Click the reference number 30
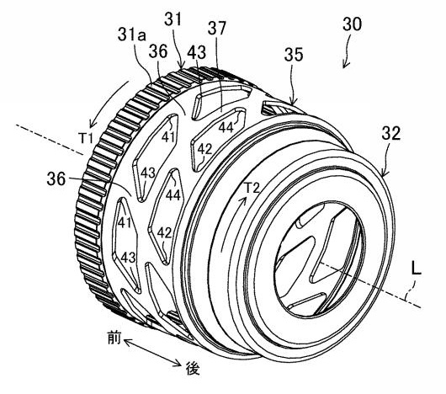352,24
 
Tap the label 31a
132,35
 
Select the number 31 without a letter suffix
173,20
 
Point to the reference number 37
217,28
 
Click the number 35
294,55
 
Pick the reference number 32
391,133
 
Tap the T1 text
86,139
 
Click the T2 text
252,188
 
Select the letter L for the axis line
417,269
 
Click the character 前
114,338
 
